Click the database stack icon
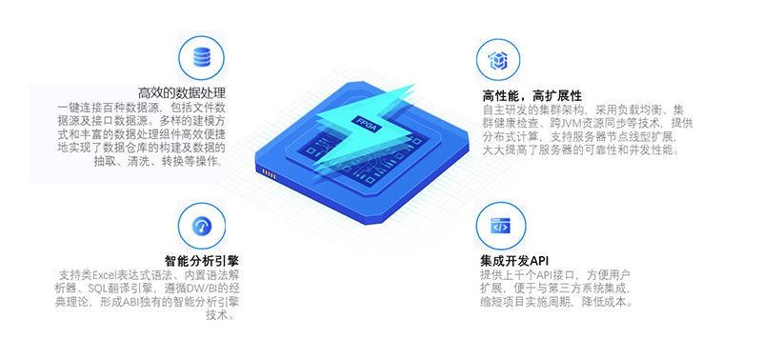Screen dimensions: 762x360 202,57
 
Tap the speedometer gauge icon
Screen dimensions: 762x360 202,226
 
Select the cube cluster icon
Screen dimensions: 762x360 497,60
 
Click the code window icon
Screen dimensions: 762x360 500,227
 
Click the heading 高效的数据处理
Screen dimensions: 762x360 181,92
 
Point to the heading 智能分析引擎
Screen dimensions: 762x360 202,260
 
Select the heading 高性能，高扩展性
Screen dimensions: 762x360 531,94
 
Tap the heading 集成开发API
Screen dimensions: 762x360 515,260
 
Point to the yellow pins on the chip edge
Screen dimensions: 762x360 269,173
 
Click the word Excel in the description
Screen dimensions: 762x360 102,274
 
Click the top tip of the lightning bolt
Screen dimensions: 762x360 414,85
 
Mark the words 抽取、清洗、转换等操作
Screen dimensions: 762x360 159,161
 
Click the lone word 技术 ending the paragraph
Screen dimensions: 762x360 217,315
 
